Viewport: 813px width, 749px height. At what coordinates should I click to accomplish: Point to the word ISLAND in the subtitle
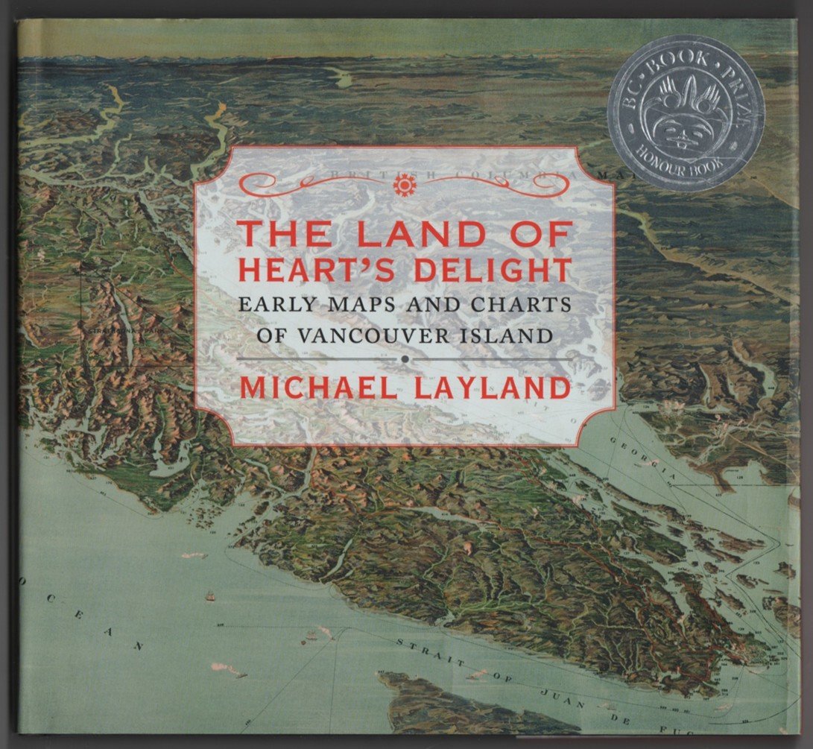[508, 334]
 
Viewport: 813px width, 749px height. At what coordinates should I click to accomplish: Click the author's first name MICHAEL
[320, 389]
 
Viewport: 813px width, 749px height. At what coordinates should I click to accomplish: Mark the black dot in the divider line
[404, 359]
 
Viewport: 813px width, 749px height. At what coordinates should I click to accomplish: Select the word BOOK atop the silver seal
[679, 57]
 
